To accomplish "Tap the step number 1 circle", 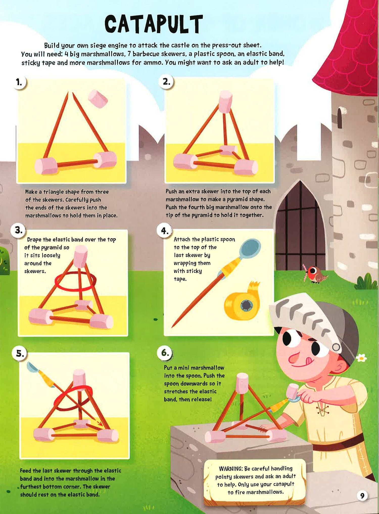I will (19, 82).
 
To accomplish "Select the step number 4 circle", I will (165, 231).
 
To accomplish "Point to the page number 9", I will (362, 496).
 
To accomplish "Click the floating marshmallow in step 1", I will (98, 99).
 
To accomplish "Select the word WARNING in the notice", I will (230, 469).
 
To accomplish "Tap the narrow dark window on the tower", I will (340, 117).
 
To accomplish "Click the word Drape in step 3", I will (34, 239).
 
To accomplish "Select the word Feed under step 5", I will (26, 471).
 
